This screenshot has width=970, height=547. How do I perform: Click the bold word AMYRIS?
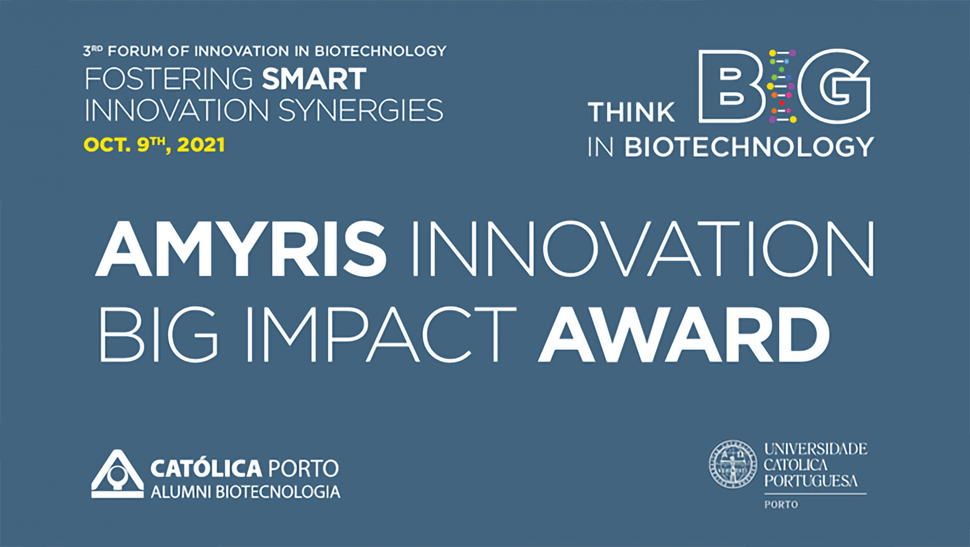click(x=241, y=249)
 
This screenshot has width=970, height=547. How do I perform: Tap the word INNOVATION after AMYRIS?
click(x=643, y=249)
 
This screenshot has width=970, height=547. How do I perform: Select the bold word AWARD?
click(x=684, y=335)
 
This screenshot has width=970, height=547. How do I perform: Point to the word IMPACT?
click(x=381, y=335)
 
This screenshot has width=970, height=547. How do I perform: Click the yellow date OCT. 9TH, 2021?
click(x=154, y=145)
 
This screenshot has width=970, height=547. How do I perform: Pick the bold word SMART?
click(x=314, y=79)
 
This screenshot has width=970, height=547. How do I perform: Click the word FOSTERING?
click(x=169, y=79)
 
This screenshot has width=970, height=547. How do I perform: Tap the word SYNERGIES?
click(x=361, y=110)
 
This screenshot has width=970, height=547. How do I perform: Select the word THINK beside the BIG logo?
click(x=631, y=112)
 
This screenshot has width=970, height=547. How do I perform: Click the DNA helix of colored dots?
click(x=782, y=86)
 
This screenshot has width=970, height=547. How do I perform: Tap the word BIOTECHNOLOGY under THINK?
click(x=749, y=147)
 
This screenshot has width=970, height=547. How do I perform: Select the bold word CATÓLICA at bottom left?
click(x=206, y=468)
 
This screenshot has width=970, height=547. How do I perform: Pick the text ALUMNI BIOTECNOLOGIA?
click(x=246, y=492)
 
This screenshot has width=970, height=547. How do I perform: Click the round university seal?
click(x=733, y=464)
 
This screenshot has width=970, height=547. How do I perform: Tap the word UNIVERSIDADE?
click(x=816, y=449)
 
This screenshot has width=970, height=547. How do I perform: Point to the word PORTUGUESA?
click(x=811, y=481)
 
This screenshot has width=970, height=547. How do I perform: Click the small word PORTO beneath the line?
click(x=781, y=504)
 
